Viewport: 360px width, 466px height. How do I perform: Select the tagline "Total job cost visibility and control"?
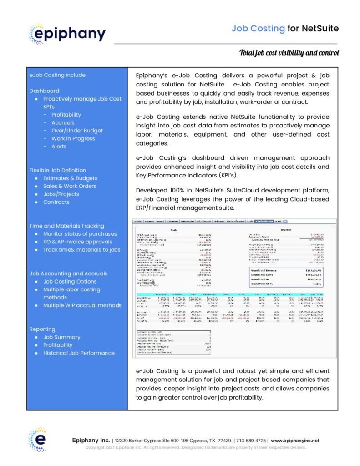pyautogui.click(x=289, y=53)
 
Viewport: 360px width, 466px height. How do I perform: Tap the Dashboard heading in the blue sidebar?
pyautogui.click(x=44, y=91)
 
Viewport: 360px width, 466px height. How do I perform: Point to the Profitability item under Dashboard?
pyautogui.click(x=66, y=115)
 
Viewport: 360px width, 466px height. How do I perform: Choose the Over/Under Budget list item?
pyautogui.click(x=77, y=131)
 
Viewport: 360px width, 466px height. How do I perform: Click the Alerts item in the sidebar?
pyautogui.click(x=59, y=147)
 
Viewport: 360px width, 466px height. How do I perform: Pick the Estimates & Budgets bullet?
pyautogui.click(x=70, y=178)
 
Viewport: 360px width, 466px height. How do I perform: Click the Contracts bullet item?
pyautogui.click(x=56, y=202)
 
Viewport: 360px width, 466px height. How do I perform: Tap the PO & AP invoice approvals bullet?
pyautogui.click(x=77, y=242)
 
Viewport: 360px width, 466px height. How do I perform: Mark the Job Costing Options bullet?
pyautogui.click(x=70, y=282)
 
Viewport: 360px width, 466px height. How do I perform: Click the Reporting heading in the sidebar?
pyautogui.click(x=42, y=329)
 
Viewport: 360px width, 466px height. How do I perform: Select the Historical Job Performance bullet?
pyautogui.click(x=79, y=353)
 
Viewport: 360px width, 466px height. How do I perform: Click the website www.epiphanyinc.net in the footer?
pyautogui.click(x=295, y=441)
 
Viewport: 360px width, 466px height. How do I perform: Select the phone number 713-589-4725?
pyautogui.click(x=251, y=441)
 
